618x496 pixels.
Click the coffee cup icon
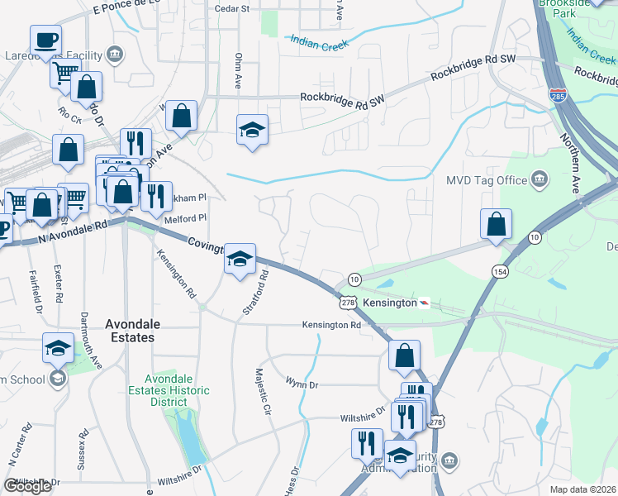45,39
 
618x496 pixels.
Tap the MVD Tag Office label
487,179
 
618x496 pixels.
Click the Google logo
27,486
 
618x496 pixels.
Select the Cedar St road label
231,9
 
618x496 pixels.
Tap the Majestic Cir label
262,392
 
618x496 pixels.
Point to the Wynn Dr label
302,384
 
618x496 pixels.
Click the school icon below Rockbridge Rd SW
253,130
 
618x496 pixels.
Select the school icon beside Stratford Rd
240,258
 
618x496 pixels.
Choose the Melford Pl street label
188,218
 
